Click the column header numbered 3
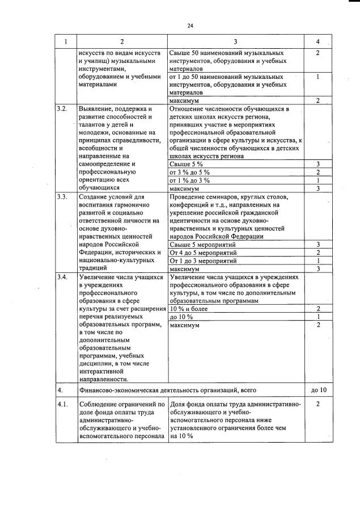235,41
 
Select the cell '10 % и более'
188,309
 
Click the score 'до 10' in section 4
319,390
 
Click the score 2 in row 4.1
318,404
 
